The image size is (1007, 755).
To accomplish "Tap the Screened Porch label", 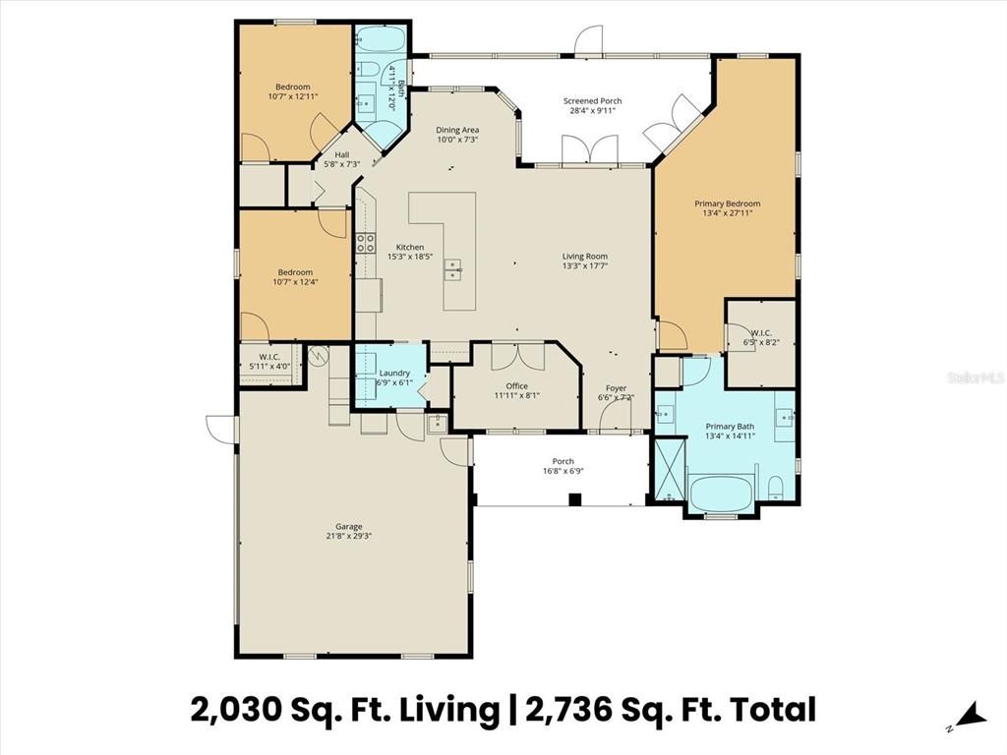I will pos(592,101).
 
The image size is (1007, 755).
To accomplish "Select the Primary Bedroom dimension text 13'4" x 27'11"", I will pos(727,213).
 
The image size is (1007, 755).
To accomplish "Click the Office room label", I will pos(516,386).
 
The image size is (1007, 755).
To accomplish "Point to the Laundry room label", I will pos(394,374).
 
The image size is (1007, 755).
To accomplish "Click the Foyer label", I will pos(616,387).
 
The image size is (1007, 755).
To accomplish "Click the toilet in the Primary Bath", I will pos(776,487).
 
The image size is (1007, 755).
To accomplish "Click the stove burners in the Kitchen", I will pos(365,242).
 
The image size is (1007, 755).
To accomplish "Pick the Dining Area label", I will pos(457,130).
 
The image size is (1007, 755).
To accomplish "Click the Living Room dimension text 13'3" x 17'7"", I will pos(584,265).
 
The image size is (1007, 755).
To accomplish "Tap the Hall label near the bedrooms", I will pos(341,154).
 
